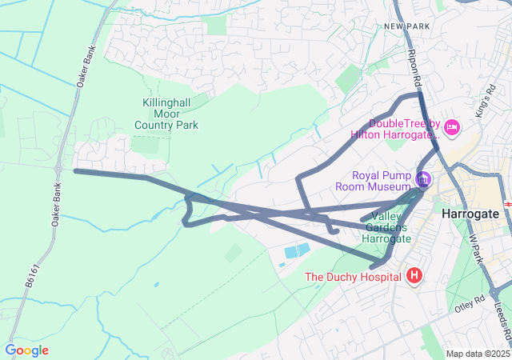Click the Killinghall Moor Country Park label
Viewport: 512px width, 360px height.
tap(166, 114)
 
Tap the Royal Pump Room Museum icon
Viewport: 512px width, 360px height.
tap(423, 177)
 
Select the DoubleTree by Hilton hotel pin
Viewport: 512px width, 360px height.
tap(452, 127)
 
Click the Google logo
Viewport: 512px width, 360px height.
tap(26, 350)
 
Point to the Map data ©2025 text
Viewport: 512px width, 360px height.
tap(477, 354)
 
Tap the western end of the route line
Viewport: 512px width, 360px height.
tap(76, 170)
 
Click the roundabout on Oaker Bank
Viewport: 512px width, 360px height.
tap(58, 169)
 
